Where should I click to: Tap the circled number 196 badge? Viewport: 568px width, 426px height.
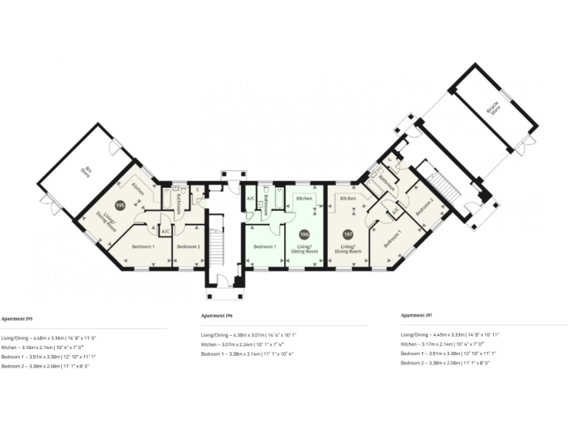pos(303,234)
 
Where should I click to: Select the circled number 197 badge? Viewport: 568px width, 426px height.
pos(347,234)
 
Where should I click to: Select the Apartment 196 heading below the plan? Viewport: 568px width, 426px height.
pos(217,316)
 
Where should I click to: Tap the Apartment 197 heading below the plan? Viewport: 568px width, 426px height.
pos(416,315)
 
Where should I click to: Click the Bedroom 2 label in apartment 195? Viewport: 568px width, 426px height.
pos(188,246)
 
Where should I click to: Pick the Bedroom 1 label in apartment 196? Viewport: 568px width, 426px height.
pos(265,246)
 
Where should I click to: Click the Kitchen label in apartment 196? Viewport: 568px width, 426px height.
pos(304,199)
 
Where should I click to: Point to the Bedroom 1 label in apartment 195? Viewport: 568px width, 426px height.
pos(143,246)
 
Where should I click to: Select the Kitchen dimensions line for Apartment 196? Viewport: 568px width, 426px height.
pos(248,344)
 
